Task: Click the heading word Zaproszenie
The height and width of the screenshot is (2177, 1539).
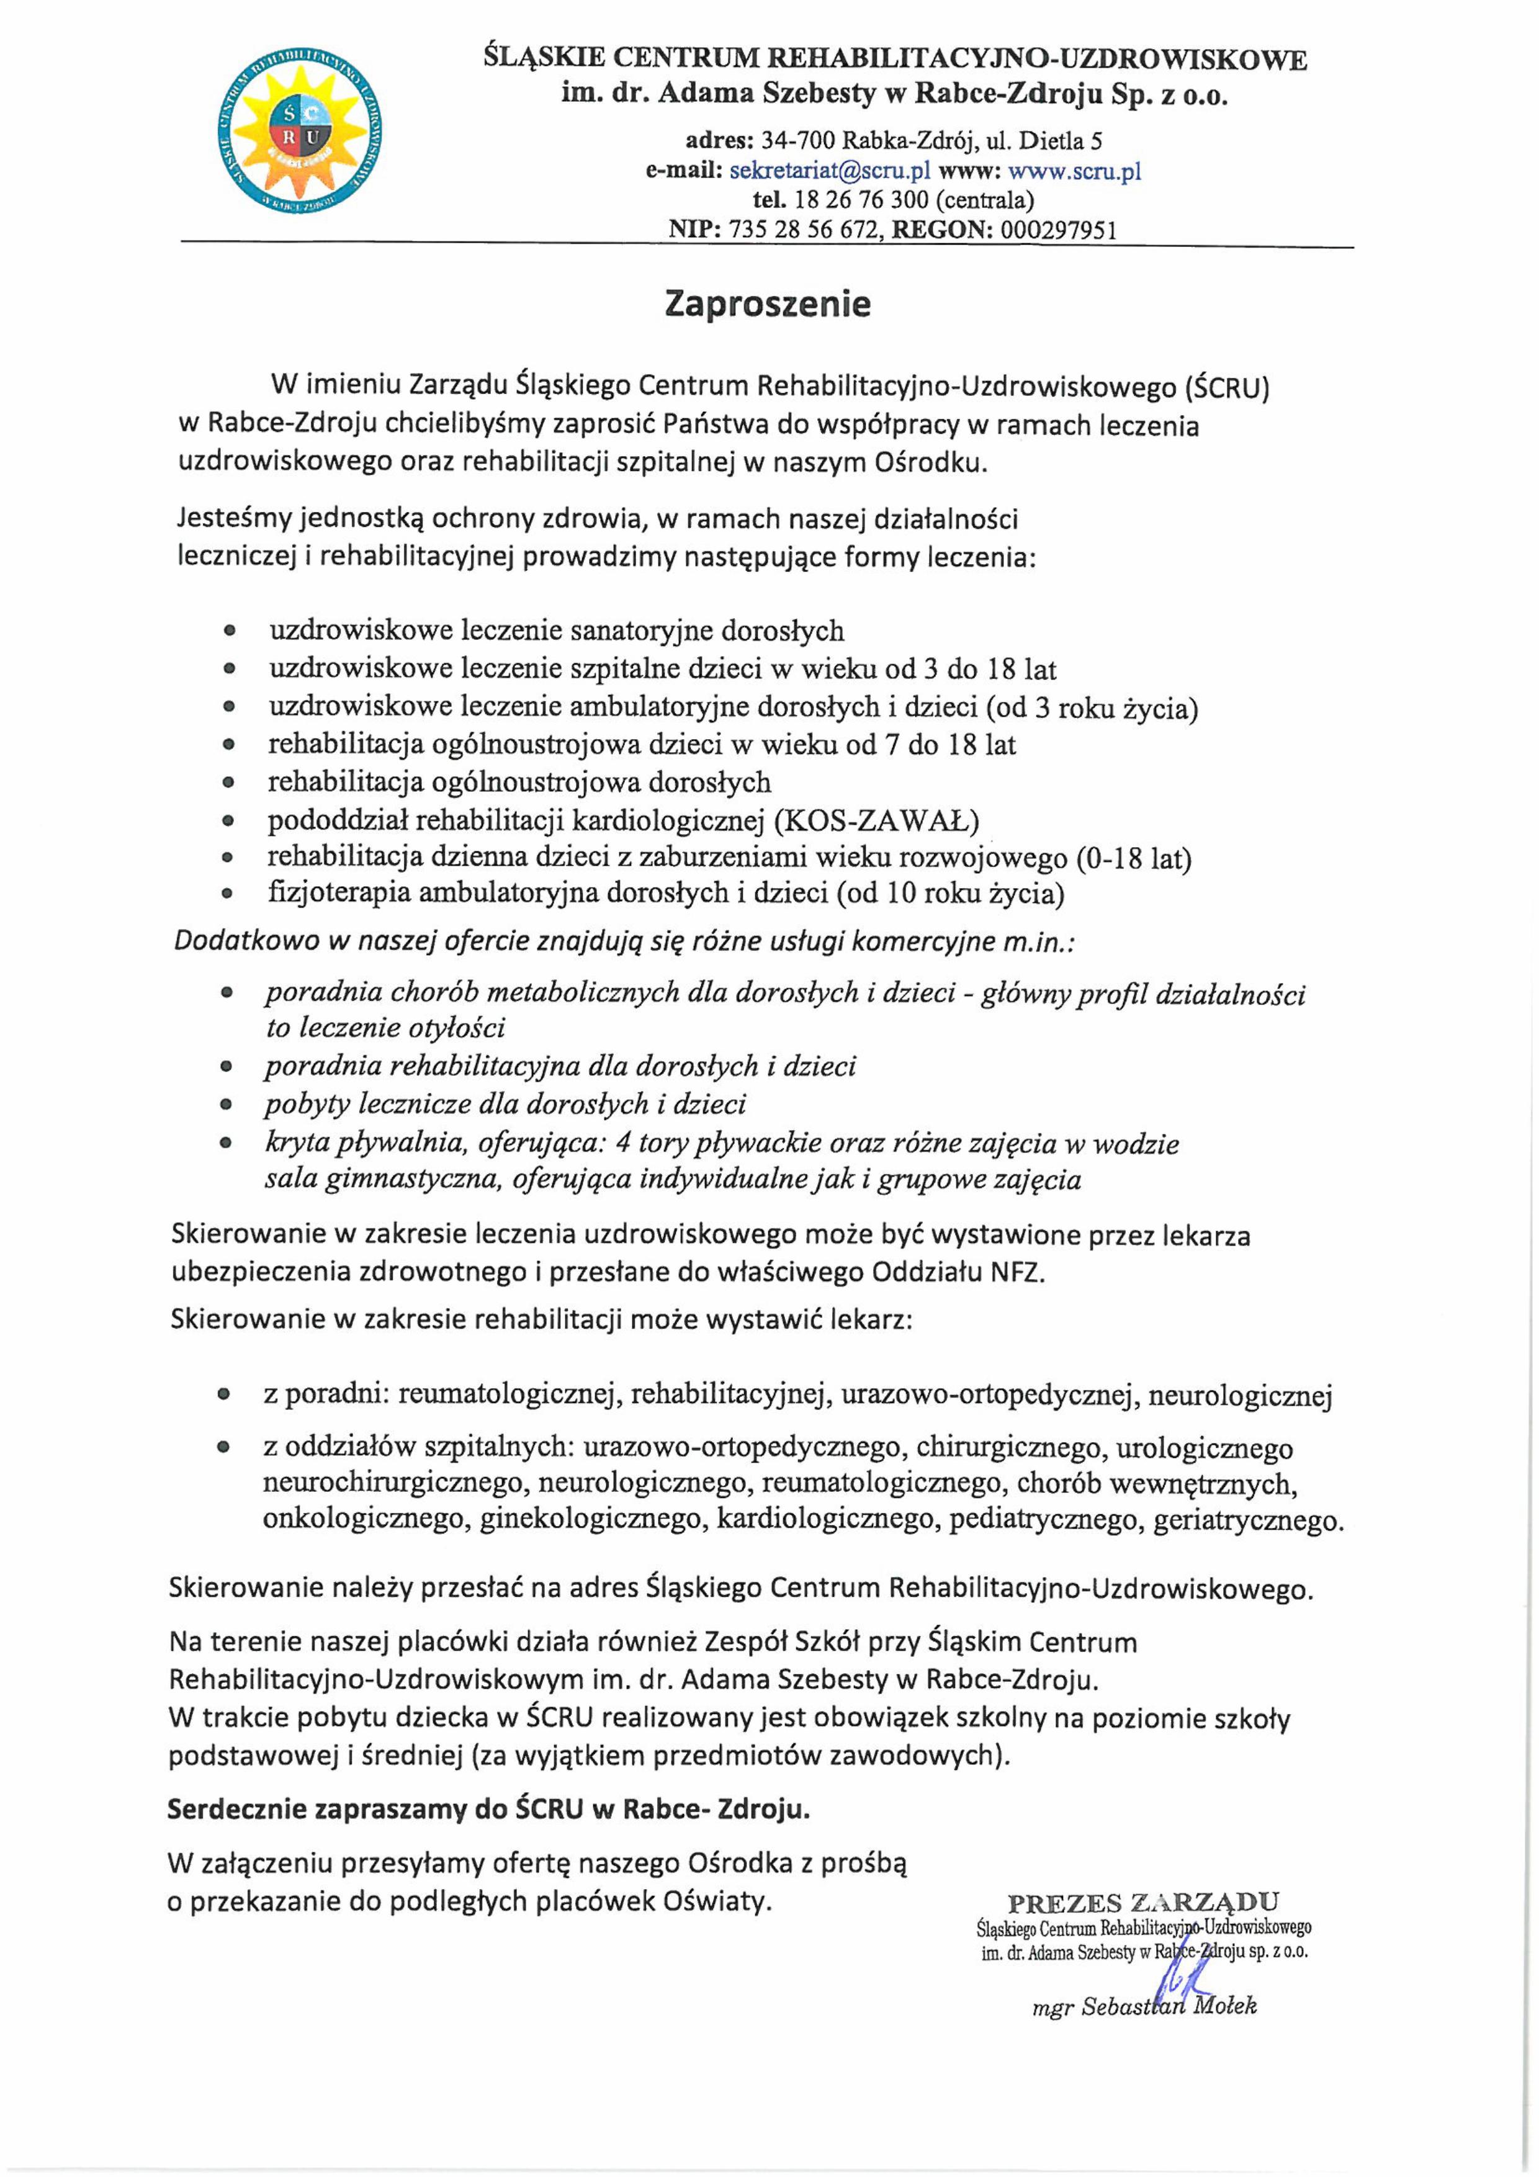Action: pyautogui.click(x=768, y=304)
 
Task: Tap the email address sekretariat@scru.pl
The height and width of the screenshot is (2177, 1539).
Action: pyautogui.click(x=830, y=172)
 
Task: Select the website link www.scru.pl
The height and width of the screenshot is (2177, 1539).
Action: pyautogui.click(x=1074, y=172)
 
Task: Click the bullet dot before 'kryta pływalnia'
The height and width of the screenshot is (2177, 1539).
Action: pyautogui.click(x=226, y=1144)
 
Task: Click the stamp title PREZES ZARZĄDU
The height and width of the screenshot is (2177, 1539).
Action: pyautogui.click(x=1142, y=1902)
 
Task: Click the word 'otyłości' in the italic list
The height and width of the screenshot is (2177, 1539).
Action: pyautogui.click(x=451, y=1028)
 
